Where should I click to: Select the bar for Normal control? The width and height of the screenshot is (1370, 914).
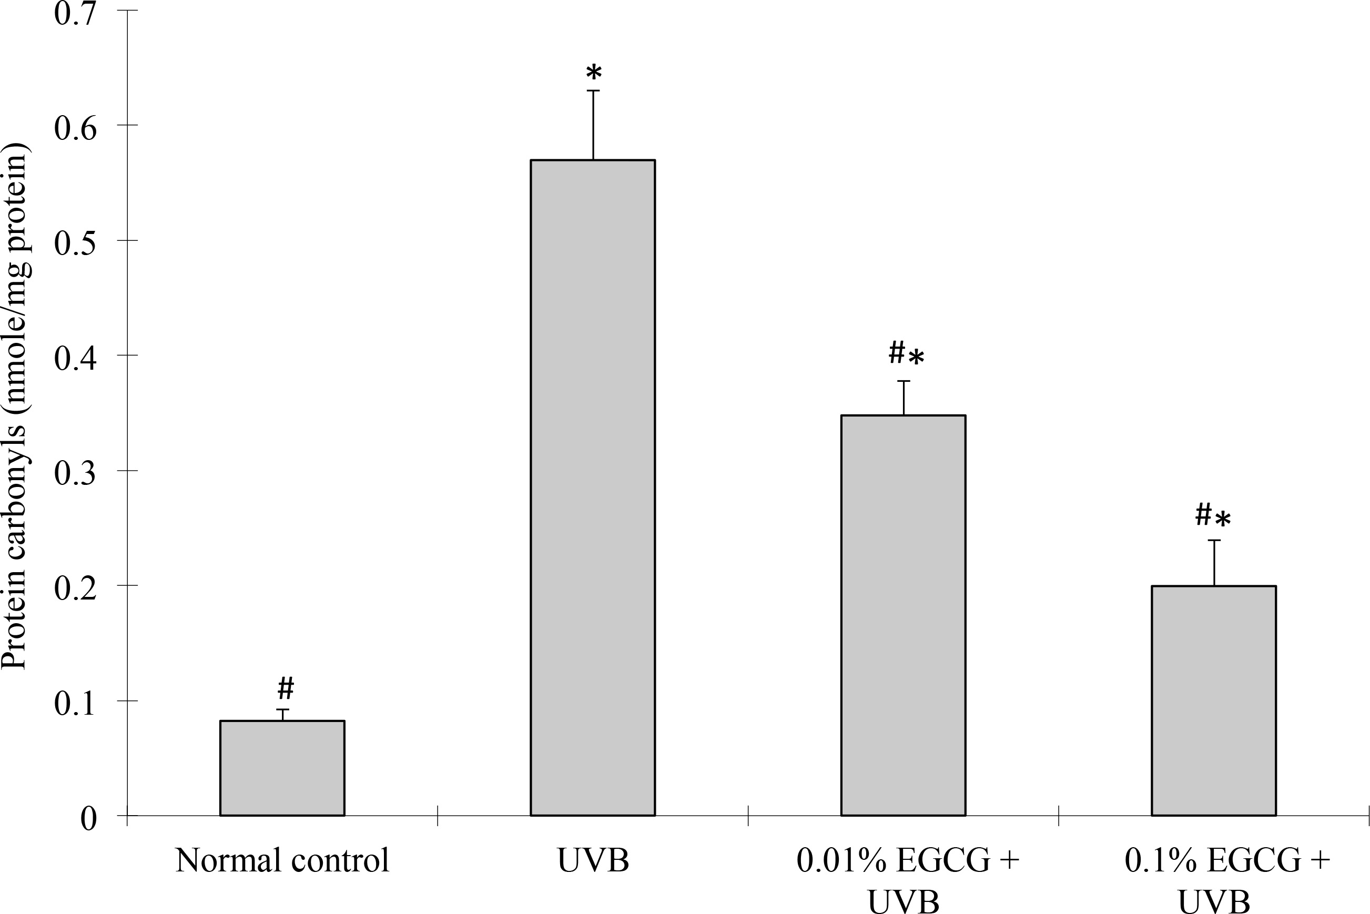click(x=282, y=768)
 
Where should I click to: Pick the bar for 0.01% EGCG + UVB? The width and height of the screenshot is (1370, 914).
click(x=903, y=615)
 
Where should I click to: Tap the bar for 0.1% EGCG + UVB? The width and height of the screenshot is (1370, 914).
click(x=1214, y=700)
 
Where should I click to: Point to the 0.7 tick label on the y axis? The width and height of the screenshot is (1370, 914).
click(x=75, y=13)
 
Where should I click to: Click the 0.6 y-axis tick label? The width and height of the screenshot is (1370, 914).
click(x=75, y=127)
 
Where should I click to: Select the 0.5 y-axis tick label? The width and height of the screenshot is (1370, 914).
click(x=75, y=242)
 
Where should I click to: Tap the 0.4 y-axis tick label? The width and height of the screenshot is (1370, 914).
click(x=75, y=357)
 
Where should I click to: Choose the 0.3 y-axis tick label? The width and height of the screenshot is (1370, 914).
click(x=75, y=472)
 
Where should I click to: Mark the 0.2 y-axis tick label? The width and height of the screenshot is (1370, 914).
click(x=75, y=587)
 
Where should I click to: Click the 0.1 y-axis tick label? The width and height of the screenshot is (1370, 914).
click(x=75, y=703)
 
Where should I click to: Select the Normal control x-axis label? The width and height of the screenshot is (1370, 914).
click(x=282, y=860)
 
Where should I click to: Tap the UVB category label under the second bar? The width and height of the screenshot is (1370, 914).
click(x=593, y=860)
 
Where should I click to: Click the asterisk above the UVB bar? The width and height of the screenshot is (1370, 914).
click(x=593, y=74)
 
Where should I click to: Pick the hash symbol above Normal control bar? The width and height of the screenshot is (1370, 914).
click(x=285, y=688)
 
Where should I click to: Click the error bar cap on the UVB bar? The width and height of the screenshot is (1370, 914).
click(x=593, y=91)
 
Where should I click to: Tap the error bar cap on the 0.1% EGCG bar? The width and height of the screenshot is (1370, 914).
click(x=1214, y=541)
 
